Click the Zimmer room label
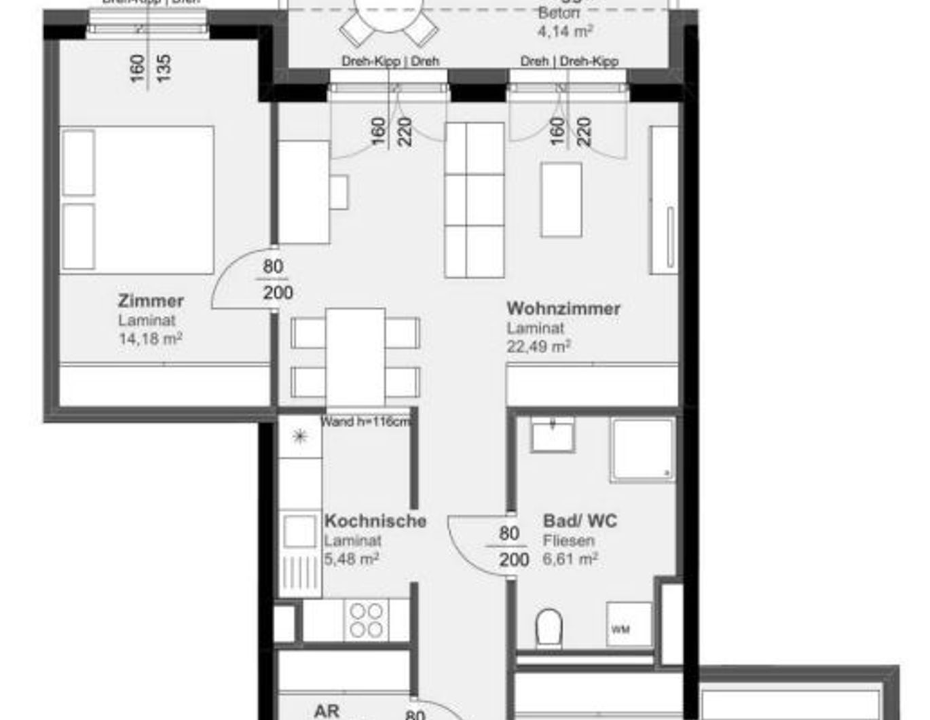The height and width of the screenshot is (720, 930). click(151, 301)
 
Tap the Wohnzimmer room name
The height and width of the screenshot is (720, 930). click(563, 308)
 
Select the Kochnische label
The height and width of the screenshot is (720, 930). click(375, 521)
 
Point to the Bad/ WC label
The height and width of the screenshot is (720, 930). click(580, 521)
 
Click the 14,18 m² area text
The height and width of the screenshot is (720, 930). click(150, 338)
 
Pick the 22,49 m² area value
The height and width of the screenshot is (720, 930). click(538, 346)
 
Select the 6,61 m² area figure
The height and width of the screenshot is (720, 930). click(570, 559)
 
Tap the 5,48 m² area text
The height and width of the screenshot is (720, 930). click(351, 559)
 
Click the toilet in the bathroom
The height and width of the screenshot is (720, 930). click(549, 627)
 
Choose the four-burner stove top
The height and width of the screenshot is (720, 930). click(366, 619)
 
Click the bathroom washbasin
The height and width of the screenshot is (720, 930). click(553, 435)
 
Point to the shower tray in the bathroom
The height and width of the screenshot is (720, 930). click(642, 450)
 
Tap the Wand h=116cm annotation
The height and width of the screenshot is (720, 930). click(366, 422)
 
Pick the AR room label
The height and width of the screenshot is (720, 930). click(327, 711)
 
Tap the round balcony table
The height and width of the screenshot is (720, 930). click(388, 14)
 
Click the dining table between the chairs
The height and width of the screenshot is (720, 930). click(355, 357)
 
